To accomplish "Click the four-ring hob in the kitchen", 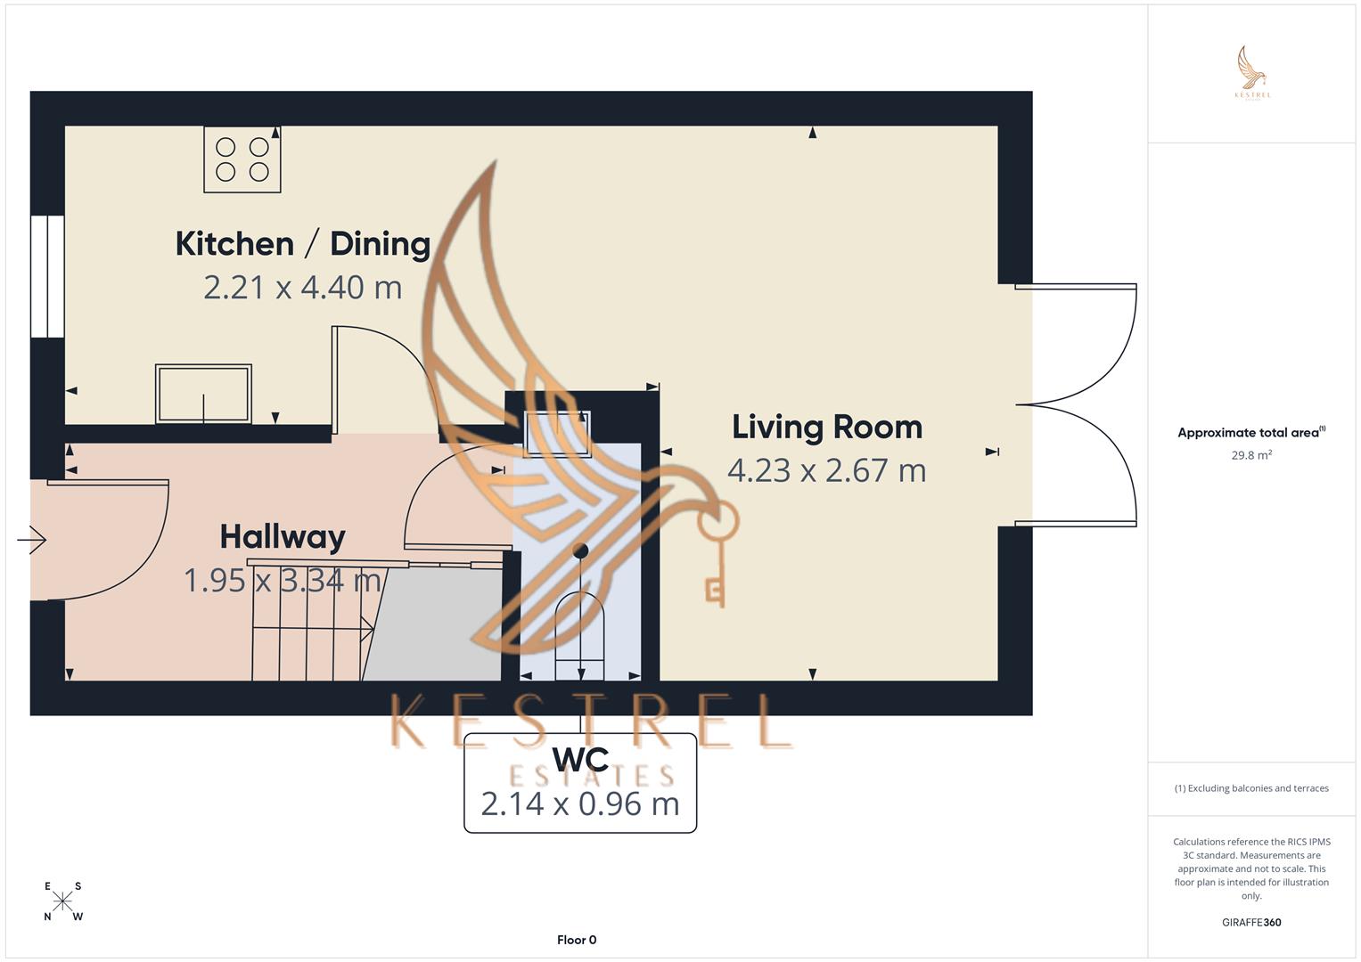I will coord(242,159).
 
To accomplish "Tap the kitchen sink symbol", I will coord(203,393).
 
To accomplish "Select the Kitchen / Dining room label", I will coord(303,243).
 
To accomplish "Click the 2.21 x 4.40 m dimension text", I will coord(303,288).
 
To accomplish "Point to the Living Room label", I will coord(827,427).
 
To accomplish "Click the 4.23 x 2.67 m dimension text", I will coord(827,470).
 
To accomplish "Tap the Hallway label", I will coord(283,536).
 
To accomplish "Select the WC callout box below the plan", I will coord(580,783).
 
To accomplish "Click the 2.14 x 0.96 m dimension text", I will coord(580,804).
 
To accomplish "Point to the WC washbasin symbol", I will coord(558,434).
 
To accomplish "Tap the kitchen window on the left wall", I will coord(47,276).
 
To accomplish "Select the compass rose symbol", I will coord(62,901).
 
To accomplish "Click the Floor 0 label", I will coord(577,940).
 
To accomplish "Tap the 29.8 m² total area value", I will coord(1251,455).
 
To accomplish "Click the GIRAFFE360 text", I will coord(1251,923).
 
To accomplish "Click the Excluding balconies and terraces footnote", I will coord(1251,788).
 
